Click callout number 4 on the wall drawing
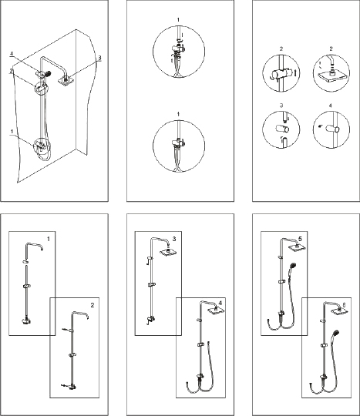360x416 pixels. point(12,54)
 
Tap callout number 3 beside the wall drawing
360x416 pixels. point(99,57)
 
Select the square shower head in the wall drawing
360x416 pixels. point(66,80)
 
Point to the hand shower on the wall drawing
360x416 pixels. point(48,72)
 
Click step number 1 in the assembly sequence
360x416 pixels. point(48,239)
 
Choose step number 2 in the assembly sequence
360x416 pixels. point(93,305)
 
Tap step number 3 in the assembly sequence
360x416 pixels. point(174,239)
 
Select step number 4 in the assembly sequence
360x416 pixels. point(220,303)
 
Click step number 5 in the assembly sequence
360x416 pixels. point(300,239)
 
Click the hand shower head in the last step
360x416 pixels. point(336,333)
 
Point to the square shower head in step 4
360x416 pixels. point(216,310)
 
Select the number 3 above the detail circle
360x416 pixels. point(281,106)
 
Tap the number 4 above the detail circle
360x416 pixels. point(330,106)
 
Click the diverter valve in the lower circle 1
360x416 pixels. point(178,143)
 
